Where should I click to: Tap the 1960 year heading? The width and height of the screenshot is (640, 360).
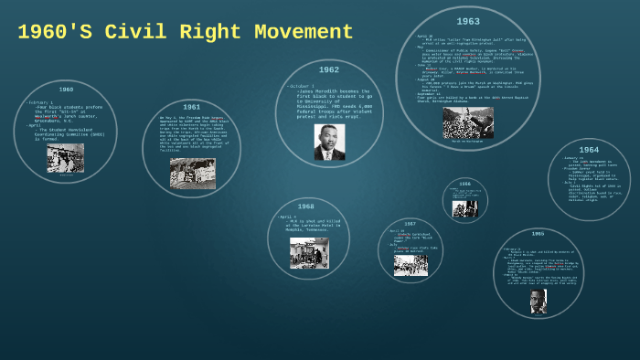click(x=66, y=90)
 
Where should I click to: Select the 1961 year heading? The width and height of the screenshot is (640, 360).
click(x=191, y=107)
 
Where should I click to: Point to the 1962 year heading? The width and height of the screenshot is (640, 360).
click(x=329, y=69)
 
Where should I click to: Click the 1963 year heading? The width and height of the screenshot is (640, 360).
click(x=468, y=21)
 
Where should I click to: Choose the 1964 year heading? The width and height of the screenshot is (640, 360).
click(x=589, y=150)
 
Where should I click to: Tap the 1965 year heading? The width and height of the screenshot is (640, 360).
click(x=538, y=234)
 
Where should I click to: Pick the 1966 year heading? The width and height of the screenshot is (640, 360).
click(x=464, y=184)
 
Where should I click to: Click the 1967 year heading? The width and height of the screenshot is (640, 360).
click(x=410, y=223)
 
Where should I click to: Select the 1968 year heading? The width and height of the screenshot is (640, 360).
click(x=305, y=206)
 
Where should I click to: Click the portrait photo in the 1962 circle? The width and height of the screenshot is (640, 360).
click(x=329, y=142)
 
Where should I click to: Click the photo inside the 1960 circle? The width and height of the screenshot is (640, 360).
click(x=66, y=158)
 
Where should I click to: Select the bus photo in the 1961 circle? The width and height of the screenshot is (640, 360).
click(x=193, y=174)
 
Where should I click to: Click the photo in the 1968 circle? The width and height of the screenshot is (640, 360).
click(x=308, y=253)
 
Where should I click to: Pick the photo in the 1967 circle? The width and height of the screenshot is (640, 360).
click(x=411, y=264)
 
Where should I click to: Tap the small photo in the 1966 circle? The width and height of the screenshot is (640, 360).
click(x=464, y=207)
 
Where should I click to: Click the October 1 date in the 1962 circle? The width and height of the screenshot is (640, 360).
click(x=302, y=86)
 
